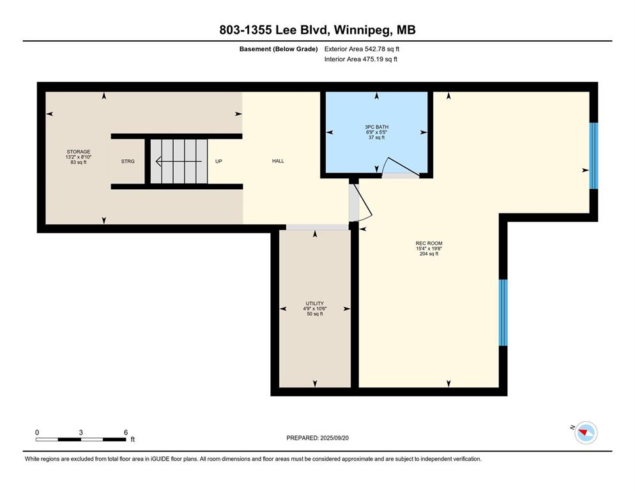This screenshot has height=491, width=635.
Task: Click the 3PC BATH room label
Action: pos(376,127)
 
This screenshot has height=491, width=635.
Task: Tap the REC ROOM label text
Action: pos(429,244)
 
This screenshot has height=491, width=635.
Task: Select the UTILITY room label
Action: pos(315,303)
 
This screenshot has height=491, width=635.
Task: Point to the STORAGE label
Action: pos(79,152)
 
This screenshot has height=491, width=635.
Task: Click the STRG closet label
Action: pos(128,161)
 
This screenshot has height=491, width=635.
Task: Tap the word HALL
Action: pos(278,161)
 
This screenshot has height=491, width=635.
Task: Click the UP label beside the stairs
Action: pos(218,161)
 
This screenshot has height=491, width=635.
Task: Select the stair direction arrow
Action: pos(179,161)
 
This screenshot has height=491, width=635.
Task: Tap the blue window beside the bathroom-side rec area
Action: pos(593,156)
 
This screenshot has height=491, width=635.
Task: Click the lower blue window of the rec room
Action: pos(503,313)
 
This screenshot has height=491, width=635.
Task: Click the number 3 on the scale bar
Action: pos(81,433)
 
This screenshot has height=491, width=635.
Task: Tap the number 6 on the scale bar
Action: pos(126,433)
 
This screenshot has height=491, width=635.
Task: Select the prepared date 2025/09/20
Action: pos(335,438)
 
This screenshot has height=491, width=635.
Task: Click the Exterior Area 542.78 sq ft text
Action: pos(362,49)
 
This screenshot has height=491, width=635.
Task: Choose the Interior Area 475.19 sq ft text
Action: pos(360,59)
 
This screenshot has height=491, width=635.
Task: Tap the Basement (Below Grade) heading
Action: pos(279,49)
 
